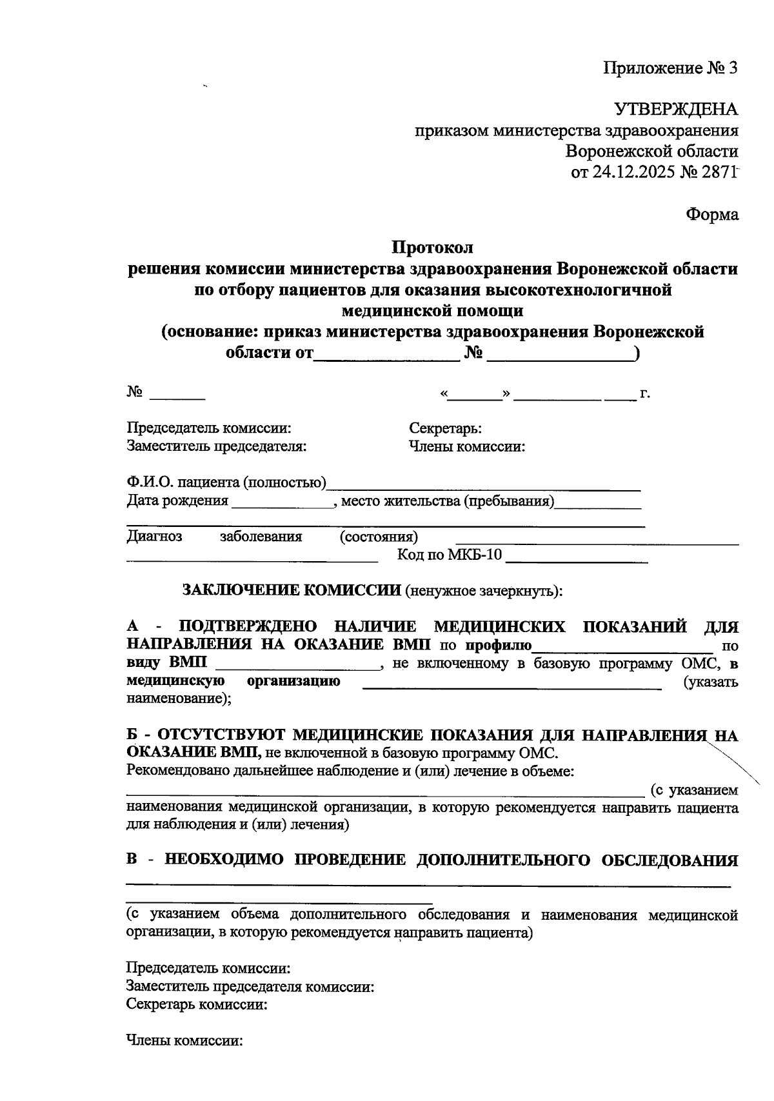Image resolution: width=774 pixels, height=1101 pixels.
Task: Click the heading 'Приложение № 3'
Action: point(671,68)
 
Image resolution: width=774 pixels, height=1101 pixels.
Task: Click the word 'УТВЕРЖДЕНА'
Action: point(676,109)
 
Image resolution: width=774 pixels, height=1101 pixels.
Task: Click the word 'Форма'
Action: point(712,215)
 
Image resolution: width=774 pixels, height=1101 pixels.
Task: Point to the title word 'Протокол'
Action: point(433,248)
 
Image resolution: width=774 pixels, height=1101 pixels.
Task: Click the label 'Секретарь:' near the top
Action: point(445,429)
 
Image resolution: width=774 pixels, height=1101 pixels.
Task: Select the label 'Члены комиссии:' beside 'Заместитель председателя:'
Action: point(466,446)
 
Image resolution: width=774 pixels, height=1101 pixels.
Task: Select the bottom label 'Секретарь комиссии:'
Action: point(197,1004)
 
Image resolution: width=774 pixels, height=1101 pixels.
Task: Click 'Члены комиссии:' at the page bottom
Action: point(184,1040)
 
